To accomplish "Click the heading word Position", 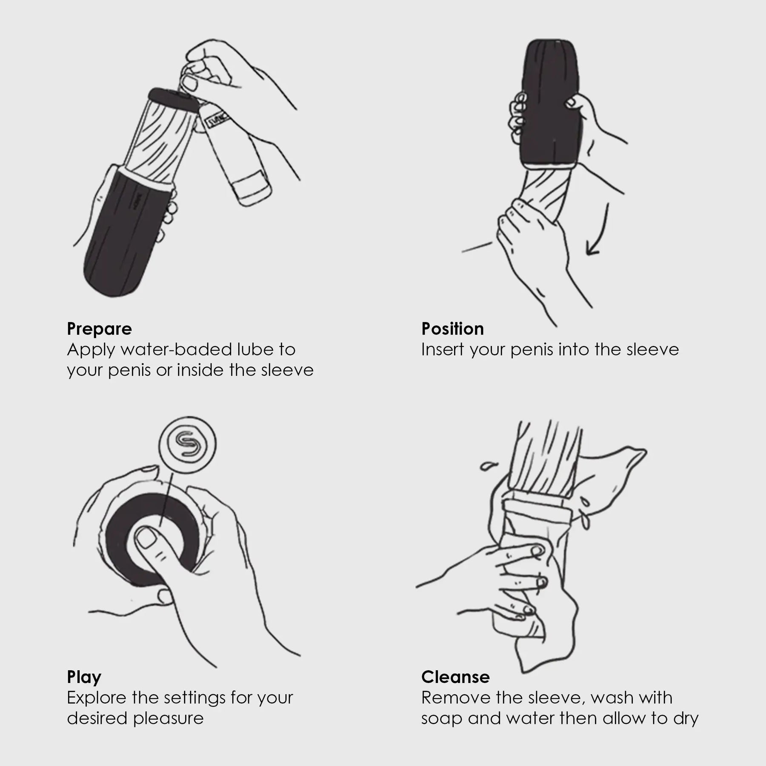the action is point(453,329).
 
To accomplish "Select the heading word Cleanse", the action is point(455,677).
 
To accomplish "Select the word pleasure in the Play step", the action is point(169,719).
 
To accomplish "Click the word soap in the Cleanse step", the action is point(442,719).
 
